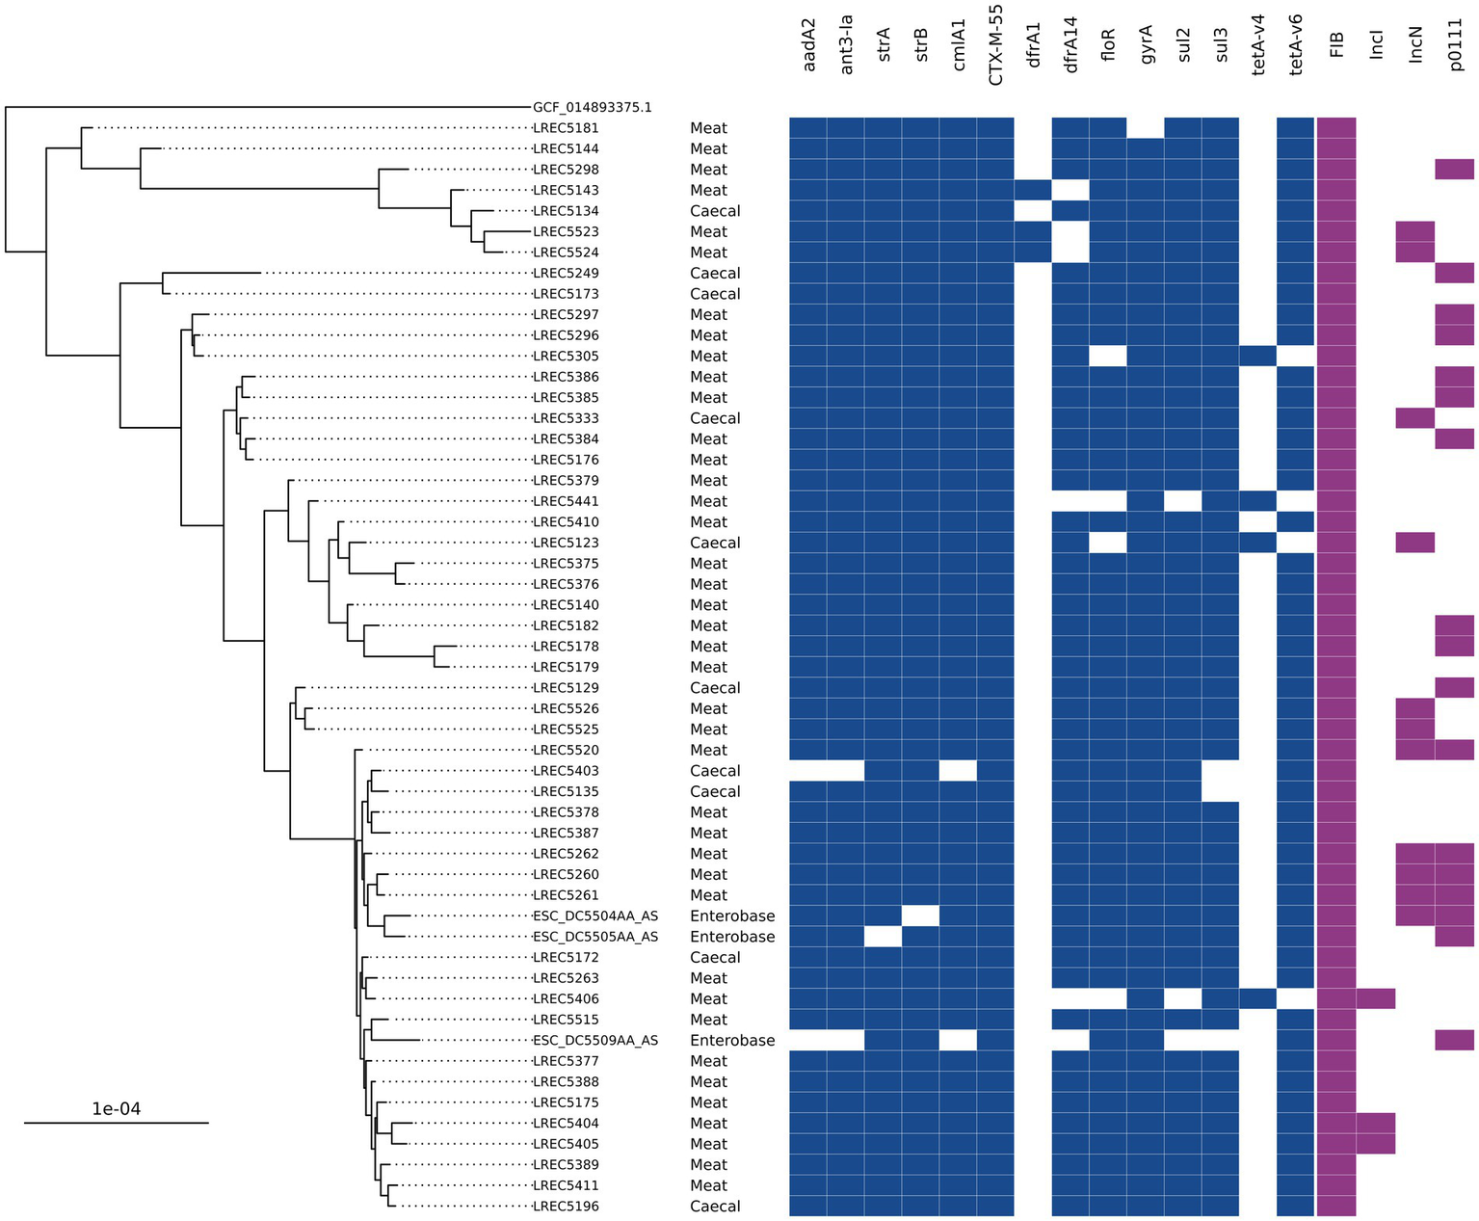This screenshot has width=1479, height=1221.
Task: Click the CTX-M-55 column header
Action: click(996, 54)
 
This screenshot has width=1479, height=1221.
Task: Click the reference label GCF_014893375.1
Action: click(593, 107)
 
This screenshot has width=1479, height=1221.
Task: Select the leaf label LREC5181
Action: click(567, 128)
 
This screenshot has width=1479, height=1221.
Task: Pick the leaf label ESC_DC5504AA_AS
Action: click(595, 916)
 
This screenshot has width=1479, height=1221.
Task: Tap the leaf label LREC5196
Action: click(567, 1207)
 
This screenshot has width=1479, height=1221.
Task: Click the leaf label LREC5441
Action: click(567, 501)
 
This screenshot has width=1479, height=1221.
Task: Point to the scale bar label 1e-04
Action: click(116, 1109)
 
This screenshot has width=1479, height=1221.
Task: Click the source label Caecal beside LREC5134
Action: click(715, 211)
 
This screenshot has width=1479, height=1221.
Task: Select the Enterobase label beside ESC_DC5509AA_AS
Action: click(732, 1041)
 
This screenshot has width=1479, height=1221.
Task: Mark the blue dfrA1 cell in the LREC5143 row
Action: click(1033, 190)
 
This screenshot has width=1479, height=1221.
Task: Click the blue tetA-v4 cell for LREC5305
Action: click(1258, 356)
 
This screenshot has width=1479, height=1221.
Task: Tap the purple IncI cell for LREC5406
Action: click(1376, 998)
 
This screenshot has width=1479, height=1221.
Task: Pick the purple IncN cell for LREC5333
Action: click(1415, 418)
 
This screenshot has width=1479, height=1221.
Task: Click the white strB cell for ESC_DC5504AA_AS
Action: click(920, 916)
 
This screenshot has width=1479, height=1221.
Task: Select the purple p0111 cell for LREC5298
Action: click(1455, 170)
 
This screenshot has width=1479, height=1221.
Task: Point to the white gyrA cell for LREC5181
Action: click(1146, 128)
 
